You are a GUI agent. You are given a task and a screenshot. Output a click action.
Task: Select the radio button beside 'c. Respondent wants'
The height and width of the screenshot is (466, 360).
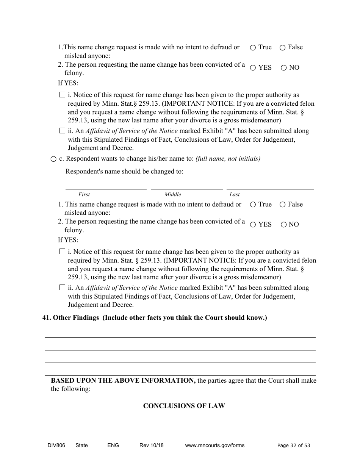53,159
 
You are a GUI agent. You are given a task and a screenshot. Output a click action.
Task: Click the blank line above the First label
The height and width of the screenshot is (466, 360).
106,186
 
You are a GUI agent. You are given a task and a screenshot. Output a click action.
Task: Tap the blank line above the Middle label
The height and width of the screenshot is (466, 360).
186,186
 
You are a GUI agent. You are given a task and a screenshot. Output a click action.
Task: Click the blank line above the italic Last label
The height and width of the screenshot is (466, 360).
270,186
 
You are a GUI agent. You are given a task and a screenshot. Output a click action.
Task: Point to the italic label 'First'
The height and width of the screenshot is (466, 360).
84,194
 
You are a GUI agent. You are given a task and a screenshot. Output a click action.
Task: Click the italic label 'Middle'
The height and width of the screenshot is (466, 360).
173,194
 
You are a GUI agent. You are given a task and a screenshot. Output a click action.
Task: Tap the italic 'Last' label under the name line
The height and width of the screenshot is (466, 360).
235,194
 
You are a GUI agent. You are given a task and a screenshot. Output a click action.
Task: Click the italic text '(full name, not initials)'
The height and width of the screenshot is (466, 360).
228,159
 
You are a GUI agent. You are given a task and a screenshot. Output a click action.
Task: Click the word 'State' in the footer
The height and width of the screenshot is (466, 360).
81,445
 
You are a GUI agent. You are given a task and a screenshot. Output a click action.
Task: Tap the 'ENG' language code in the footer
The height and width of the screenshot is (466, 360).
113,445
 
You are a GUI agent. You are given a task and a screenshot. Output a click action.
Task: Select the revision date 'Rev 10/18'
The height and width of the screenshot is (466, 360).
152,445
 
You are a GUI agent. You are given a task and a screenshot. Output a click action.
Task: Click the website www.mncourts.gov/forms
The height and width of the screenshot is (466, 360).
214,445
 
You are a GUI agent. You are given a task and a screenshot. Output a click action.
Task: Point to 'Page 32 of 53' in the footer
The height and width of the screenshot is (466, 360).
294,446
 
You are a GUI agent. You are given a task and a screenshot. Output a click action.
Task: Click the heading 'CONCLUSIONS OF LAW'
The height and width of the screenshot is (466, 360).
184,406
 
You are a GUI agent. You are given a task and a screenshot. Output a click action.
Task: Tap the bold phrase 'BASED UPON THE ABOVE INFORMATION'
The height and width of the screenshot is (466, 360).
123,380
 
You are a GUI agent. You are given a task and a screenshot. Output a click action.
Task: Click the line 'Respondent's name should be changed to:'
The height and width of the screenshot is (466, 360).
124,171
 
